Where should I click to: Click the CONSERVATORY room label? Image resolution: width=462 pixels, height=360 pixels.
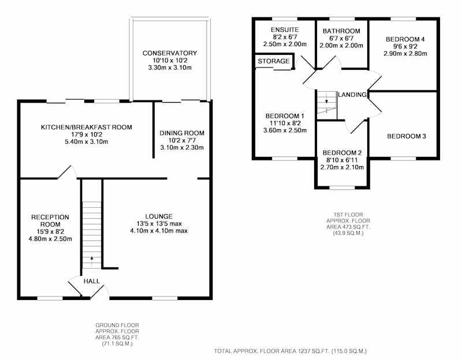click(x=170, y=53)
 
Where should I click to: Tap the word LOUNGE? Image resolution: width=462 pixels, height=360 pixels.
click(x=159, y=216)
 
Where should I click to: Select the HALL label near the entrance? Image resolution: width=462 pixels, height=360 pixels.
click(x=92, y=281)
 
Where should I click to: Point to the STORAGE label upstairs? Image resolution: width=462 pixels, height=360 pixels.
click(x=273, y=61)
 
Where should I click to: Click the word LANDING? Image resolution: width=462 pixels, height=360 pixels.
click(x=352, y=95)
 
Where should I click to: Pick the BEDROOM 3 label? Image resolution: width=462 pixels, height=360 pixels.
click(x=407, y=136)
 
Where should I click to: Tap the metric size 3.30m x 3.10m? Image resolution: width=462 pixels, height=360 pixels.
click(x=170, y=67)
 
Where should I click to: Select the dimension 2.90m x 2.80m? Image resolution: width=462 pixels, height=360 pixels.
click(x=405, y=54)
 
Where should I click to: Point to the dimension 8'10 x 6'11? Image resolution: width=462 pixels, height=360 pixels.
click(x=342, y=160)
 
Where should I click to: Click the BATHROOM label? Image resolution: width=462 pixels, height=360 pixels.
click(x=341, y=31)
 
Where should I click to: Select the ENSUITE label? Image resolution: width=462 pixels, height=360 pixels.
click(x=285, y=29)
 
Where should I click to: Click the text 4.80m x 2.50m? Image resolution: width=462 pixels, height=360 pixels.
click(x=50, y=239)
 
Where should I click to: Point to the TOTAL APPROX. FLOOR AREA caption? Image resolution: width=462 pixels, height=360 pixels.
click(x=290, y=351)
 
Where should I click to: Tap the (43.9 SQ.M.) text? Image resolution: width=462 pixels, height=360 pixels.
click(x=348, y=233)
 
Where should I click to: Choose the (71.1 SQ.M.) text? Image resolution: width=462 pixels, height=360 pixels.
click(x=117, y=343)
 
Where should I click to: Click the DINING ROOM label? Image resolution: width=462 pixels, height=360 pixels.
click(x=182, y=133)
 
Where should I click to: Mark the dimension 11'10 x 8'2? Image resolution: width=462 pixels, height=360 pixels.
click(x=285, y=123)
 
